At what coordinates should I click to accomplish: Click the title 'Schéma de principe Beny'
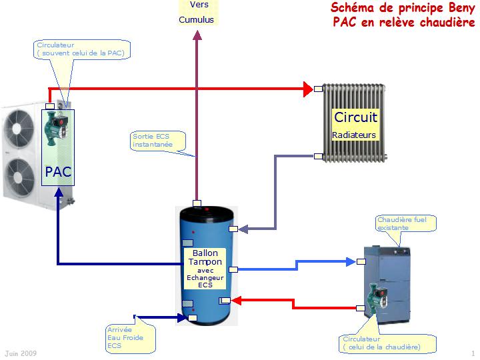(403, 8)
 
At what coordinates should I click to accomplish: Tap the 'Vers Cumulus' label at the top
(197, 12)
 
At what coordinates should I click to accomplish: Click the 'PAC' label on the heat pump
(58, 172)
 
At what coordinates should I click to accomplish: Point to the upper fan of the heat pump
(19, 127)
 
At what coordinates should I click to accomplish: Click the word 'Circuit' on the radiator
(355, 117)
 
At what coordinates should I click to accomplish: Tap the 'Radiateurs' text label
(354, 135)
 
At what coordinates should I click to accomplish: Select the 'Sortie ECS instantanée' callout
(159, 140)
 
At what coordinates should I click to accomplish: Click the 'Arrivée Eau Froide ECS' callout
(129, 337)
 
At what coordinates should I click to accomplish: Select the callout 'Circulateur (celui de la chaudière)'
(387, 343)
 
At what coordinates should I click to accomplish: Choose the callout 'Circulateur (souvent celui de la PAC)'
(81, 49)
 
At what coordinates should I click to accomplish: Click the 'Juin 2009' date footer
(21, 353)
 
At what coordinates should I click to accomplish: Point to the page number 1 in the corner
(473, 353)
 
